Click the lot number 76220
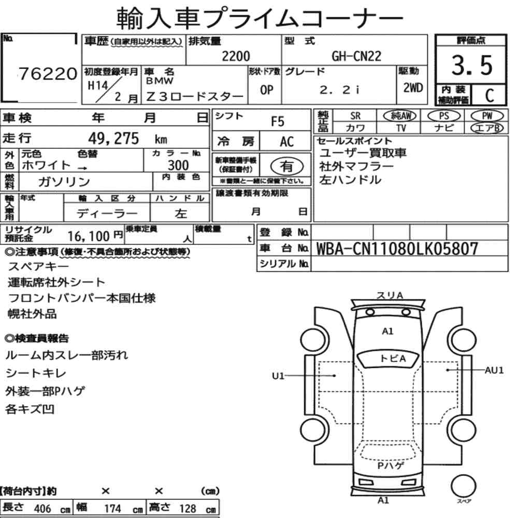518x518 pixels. click(48, 74)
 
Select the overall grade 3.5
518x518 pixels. click(472, 65)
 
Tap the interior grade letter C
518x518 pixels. click(490, 95)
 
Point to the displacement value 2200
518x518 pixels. click(236, 56)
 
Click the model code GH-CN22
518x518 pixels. click(356, 56)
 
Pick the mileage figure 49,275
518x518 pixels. click(113, 138)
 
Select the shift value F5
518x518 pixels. click(278, 122)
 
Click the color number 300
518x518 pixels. click(178, 165)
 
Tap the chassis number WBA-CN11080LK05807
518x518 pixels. click(397, 249)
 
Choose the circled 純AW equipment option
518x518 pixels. click(400, 116)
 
